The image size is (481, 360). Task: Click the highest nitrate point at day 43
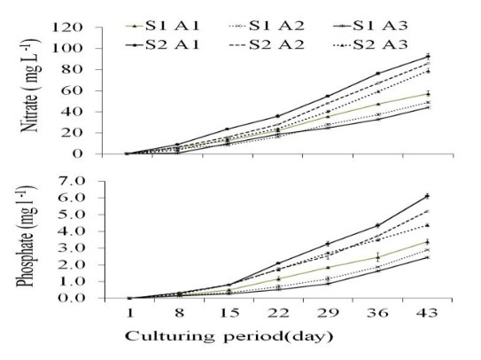pos(428,56)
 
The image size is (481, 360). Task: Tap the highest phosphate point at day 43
pos(428,196)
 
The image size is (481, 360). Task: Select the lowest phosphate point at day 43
pos(428,257)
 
